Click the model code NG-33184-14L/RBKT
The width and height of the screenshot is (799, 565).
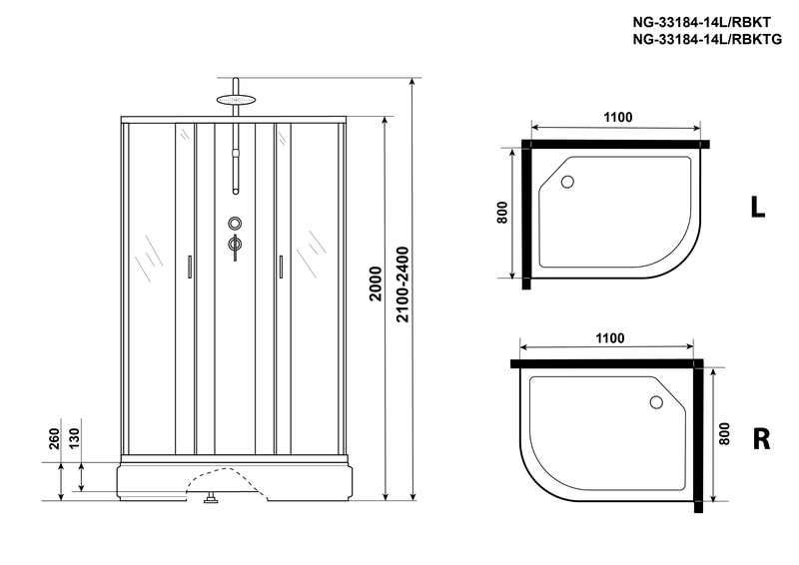[x=702, y=22]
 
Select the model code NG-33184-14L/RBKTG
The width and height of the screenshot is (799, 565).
[x=707, y=39]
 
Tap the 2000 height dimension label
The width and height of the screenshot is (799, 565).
[x=376, y=283]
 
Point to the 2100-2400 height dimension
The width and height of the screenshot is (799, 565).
[x=402, y=284]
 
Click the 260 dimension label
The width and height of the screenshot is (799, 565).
[x=55, y=439]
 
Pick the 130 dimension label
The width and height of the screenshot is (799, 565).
[x=74, y=439]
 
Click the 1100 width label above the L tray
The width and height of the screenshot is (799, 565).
[x=618, y=117]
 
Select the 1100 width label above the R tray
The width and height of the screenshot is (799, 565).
[x=610, y=338]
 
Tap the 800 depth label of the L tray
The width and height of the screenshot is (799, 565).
[x=502, y=213]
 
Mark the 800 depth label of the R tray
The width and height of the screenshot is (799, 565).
[x=724, y=433]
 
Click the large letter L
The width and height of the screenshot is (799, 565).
[x=758, y=208]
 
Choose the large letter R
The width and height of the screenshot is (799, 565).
[x=761, y=439]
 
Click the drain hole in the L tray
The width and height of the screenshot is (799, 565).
[x=567, y=182]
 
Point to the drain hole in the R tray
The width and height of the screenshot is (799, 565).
[x=656, y=402]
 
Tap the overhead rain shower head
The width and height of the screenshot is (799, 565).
[x=235, y=100]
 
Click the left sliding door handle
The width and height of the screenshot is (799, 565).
[x=190, y=267]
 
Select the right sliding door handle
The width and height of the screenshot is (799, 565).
[x=281, y=267]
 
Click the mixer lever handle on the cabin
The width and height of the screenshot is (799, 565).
[x=235, y=247]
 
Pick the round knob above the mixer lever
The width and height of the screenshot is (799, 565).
[x=235, y=224]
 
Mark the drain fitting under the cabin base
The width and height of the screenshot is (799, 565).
[x=210, y=498]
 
